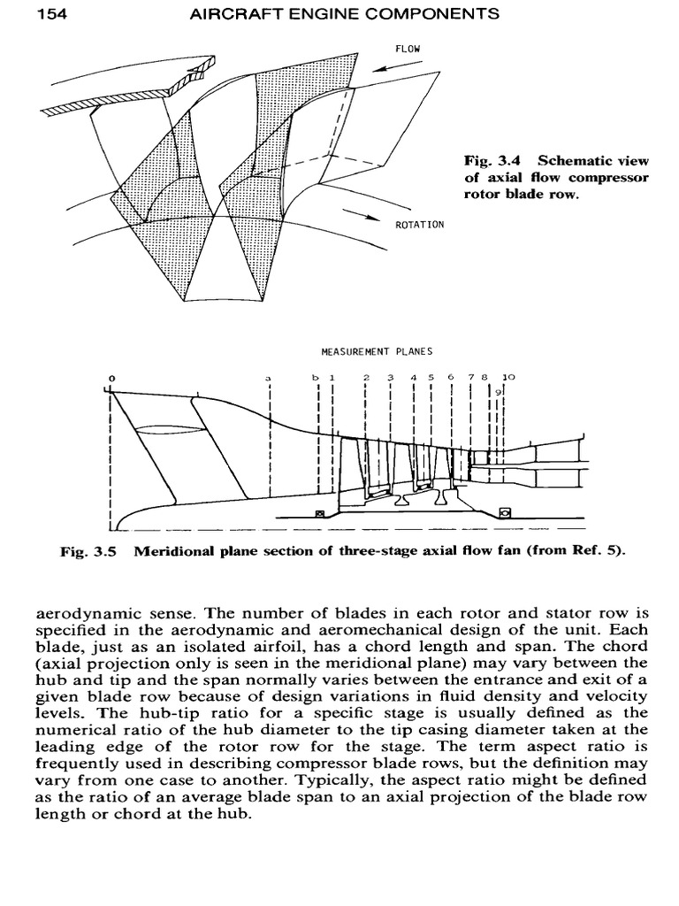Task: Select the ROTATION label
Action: [419, 225]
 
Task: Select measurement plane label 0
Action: [111, 378]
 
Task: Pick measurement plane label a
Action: [267, 379]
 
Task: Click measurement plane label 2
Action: [365, 377]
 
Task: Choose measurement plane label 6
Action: [450, 377]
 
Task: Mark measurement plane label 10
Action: [508, 377]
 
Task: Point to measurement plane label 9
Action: [500, 390]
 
